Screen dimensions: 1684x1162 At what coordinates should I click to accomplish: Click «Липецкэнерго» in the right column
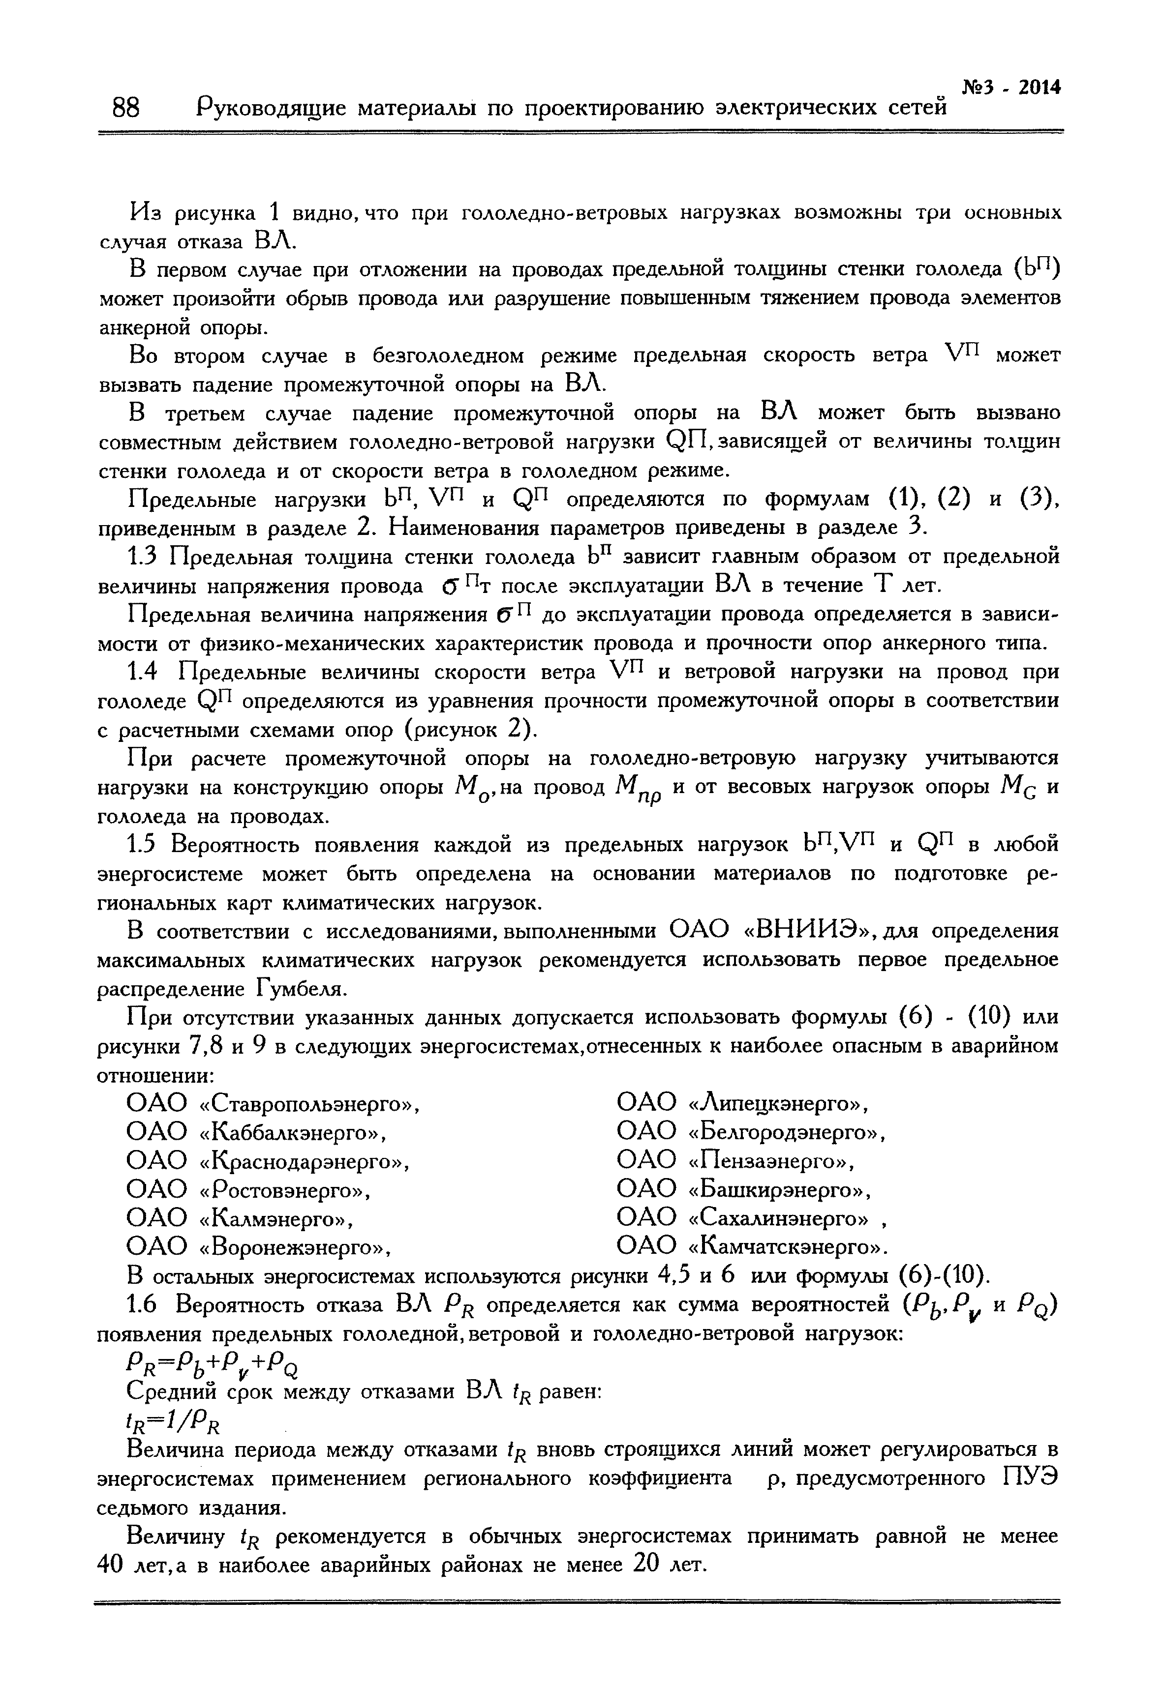point(778,1104)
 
